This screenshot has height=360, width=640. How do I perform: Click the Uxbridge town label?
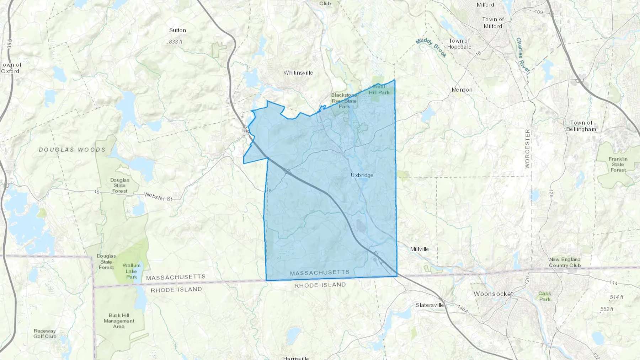click(362, 175)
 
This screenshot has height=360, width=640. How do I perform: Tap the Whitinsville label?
click(298, 73)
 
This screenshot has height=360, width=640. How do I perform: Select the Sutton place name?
click(177, 31)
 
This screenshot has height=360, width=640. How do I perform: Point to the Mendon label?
click(462, 90)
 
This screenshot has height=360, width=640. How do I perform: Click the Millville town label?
click(419, 249)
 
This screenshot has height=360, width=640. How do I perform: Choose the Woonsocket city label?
click(493, 294)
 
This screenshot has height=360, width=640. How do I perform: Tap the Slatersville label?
click(430, 305)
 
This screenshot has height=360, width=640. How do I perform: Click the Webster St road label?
click(158, 197)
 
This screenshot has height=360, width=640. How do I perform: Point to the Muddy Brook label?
click(431, 47)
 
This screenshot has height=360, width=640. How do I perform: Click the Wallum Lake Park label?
click(132, 271)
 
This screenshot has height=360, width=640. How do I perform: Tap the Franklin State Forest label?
click(618, 164)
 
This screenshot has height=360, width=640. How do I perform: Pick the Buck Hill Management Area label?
click(119, 321)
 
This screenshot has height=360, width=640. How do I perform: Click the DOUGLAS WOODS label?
click(72, 150)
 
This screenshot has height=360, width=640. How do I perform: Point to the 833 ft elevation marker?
click(175, 42)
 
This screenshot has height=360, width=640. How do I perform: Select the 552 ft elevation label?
click(607, 309)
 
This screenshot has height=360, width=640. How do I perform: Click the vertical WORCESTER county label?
click(527, 149)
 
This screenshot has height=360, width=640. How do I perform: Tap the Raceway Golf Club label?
click(45, 333)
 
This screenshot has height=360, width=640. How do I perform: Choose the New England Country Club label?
click(565, 262)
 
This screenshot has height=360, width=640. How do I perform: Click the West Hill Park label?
click(379, 90)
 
